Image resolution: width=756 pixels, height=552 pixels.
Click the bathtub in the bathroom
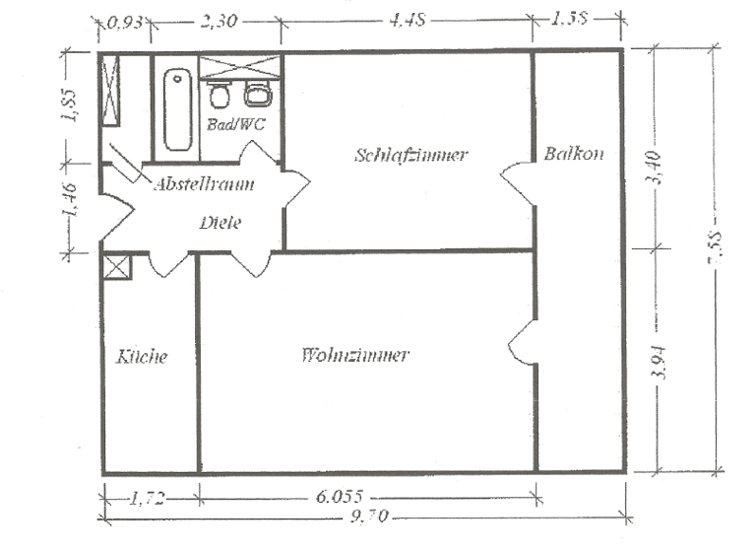pos(177,108)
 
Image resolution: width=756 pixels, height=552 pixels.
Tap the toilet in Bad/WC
pos(220,95)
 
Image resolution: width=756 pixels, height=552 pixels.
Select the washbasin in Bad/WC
pos(258,95)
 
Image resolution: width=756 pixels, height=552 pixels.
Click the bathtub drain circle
pos(177,79)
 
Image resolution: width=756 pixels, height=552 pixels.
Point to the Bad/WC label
pos(229,125)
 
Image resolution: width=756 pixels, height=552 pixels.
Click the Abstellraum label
pos(204,183)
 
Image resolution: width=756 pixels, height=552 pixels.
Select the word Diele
pos(220,223)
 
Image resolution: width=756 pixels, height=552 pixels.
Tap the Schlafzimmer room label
pos(410,155)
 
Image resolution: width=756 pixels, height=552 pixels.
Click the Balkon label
pos(574,155)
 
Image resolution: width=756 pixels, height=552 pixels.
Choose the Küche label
pos(142,356)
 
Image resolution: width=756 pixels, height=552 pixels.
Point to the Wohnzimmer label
pos(354,355)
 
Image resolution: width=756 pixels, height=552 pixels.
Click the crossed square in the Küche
pos(117,267)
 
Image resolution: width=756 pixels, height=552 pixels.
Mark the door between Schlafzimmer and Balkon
pos(518,182)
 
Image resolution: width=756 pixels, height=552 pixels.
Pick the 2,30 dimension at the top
pos(218,21)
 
